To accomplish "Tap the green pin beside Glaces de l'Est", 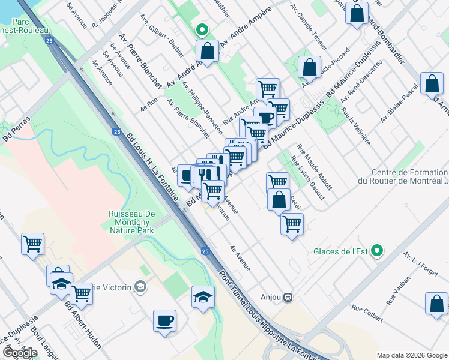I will (x=377, y=251).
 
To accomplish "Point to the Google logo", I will (x=20, y=353).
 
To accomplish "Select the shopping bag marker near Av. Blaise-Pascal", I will (x=432, y=84).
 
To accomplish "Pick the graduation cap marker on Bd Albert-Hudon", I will (x=61, y=284).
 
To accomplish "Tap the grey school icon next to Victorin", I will (x=142, y=286).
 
